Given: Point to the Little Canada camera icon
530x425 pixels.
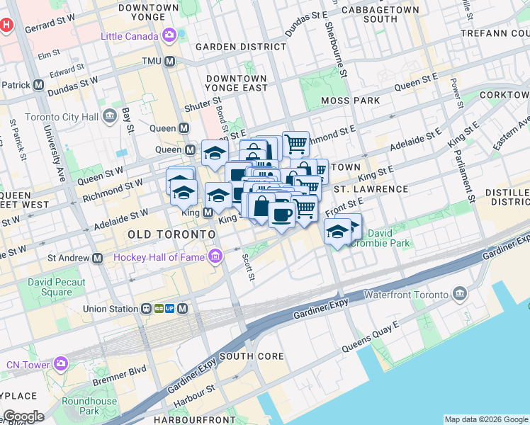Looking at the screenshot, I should pos(169,35).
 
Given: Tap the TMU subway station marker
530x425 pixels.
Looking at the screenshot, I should pos(170,62).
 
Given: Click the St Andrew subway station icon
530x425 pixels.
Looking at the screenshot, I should pos(97,259).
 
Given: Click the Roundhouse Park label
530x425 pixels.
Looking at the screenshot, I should pos(98,406).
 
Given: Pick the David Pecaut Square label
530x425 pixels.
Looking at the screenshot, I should pos(56,287).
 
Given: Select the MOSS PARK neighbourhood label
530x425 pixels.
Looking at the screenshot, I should pos(350,101).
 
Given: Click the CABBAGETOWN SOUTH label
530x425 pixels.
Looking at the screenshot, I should pos(369,14).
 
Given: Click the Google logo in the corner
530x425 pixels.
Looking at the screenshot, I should pos(23,416).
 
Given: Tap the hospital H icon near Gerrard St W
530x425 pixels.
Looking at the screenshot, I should pos(7,25).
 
